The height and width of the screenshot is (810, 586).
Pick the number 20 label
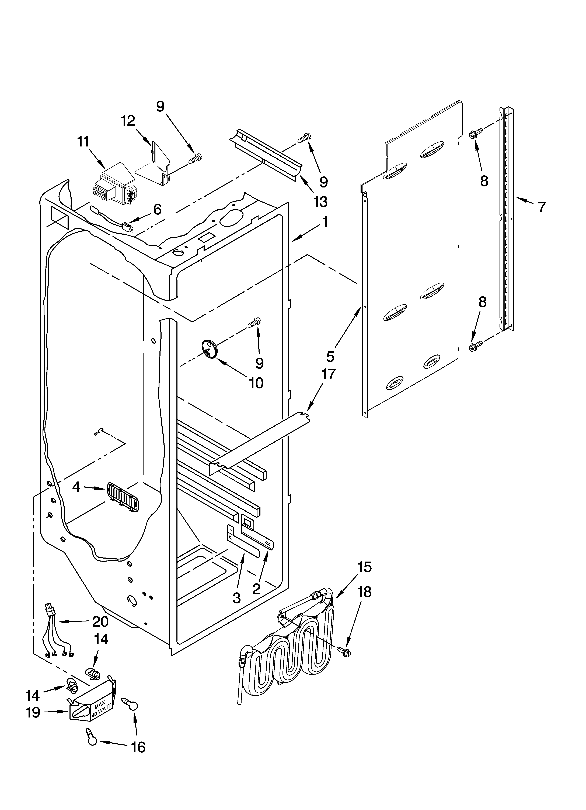pos(100,622)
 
